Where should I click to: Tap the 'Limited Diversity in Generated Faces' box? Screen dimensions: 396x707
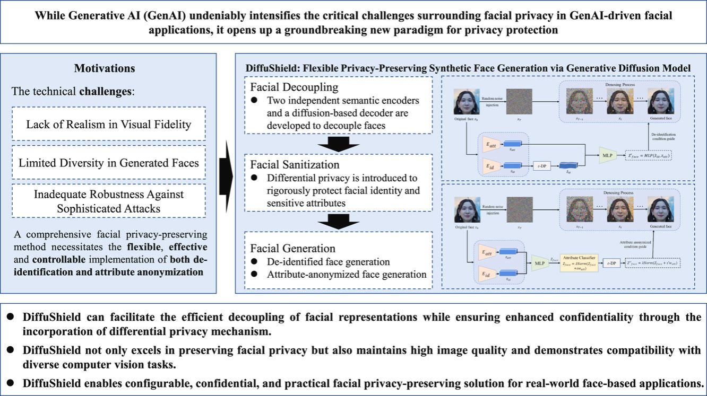tap(109, 162)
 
